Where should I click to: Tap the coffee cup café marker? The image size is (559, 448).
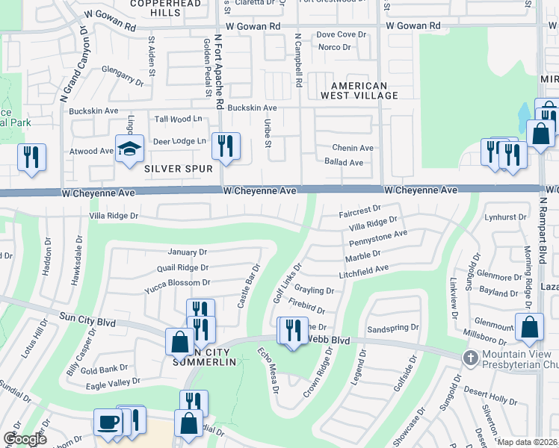tap(108, 423)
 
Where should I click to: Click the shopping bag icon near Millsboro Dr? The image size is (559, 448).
tap(529, 326)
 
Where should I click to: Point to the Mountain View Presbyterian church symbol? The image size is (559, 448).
tap(470, 357)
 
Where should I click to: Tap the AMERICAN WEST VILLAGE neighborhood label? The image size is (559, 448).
tap(359, 90)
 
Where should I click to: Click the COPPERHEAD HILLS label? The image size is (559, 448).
tap(166, 8)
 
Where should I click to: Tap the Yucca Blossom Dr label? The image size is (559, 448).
tap(178, 283)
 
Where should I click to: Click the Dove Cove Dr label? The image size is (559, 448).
tap(341, 34)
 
